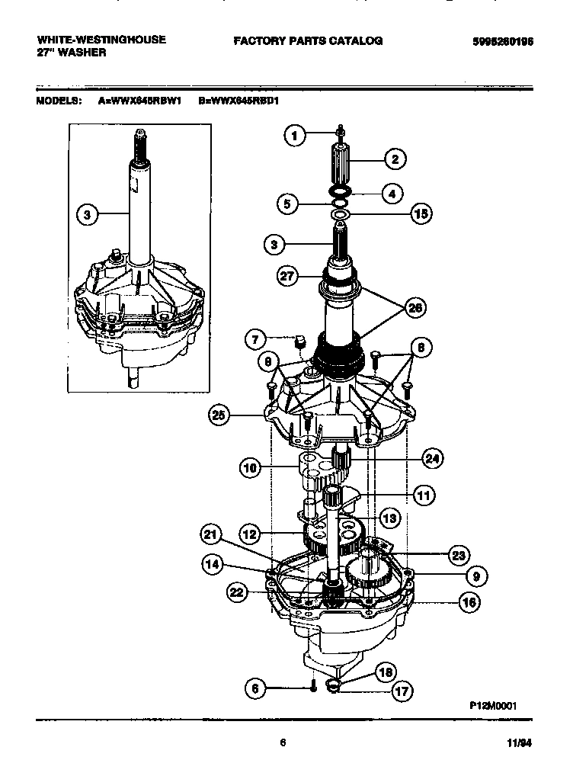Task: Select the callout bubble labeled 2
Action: (x=394, y=159)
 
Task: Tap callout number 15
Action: (x=420, y=214)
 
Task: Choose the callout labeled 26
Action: (x=415, y=307)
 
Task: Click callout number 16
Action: (x=469, y=601)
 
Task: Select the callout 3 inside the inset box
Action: (x=88, y=215)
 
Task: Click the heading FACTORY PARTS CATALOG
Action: (x=308, y=40)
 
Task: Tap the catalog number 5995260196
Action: (x=498, y=42)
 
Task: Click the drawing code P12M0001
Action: (x=492, y=706)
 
